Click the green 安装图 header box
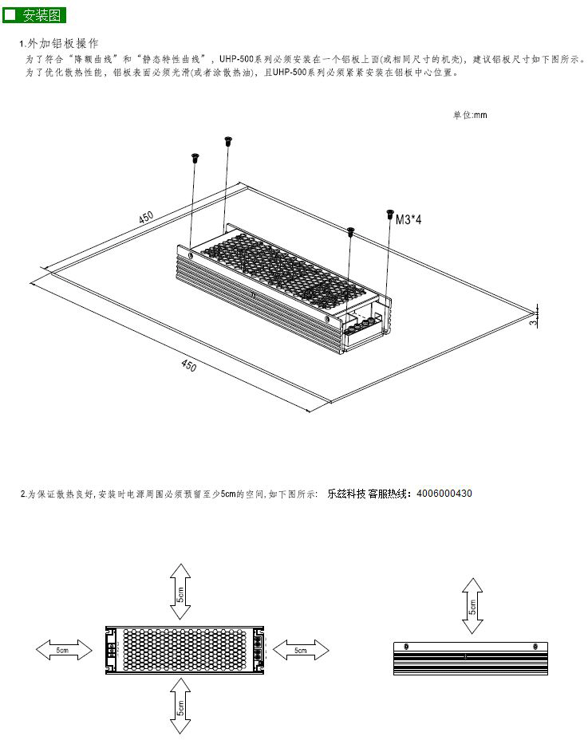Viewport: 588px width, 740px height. [x=34, y=15]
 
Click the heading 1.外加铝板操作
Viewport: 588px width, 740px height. [x=59, y=43]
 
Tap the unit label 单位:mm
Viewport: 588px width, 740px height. [x=470, y=115]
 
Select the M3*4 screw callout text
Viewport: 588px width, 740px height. [x=408, y=219]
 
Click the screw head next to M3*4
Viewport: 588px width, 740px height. [x=389, y=214]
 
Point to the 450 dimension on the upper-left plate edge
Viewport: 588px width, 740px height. [x=146, y=218]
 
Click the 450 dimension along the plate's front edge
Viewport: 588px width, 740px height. [x=188, y=366]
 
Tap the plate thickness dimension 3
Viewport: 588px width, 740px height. [x=532, y=323]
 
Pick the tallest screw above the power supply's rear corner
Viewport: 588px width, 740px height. [x=228, y=141]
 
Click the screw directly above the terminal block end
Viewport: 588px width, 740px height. [x=350, y=232]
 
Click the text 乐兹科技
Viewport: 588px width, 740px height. [x=346, y=494]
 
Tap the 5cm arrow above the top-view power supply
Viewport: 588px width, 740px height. [x=180, y=591]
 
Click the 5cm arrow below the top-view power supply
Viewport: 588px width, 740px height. [x=180, y=705]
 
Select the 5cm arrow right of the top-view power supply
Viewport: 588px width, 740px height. [x=300, y=650]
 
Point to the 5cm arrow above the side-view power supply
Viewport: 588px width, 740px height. [x=473, y=606]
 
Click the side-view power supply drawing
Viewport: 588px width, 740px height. [x=472, y=658]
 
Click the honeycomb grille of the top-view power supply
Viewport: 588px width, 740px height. [x=184, y=650]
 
